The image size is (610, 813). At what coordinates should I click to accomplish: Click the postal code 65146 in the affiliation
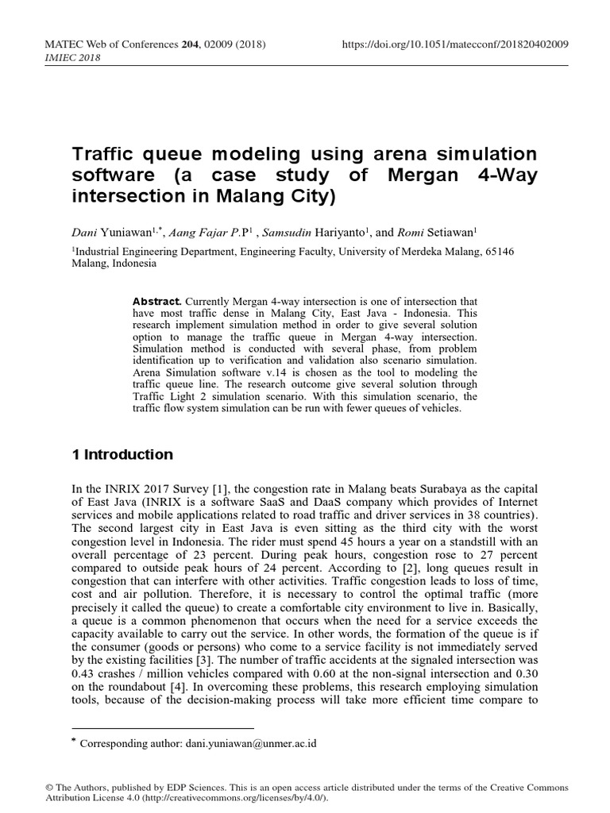(498, 252)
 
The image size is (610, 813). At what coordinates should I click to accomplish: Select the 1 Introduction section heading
(122, 455)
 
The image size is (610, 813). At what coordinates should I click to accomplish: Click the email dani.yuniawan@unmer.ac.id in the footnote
(251, 744)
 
